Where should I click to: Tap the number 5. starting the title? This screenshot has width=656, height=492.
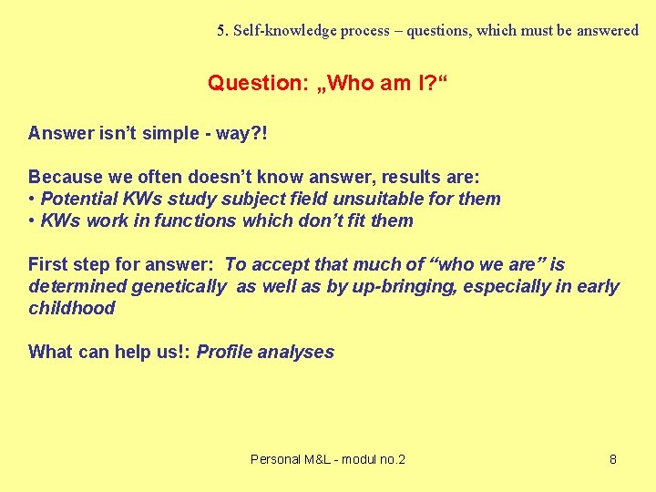coord(223,30)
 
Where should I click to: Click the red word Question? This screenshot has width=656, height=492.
coord(257,83)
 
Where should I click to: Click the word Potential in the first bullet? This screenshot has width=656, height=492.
coord(79,199)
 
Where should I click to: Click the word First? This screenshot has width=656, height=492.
coord(48,264)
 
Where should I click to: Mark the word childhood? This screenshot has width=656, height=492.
coord(72,308)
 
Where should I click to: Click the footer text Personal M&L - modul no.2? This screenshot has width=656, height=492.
coord(327,459)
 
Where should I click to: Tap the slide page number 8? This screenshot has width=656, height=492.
coord(612,459)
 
